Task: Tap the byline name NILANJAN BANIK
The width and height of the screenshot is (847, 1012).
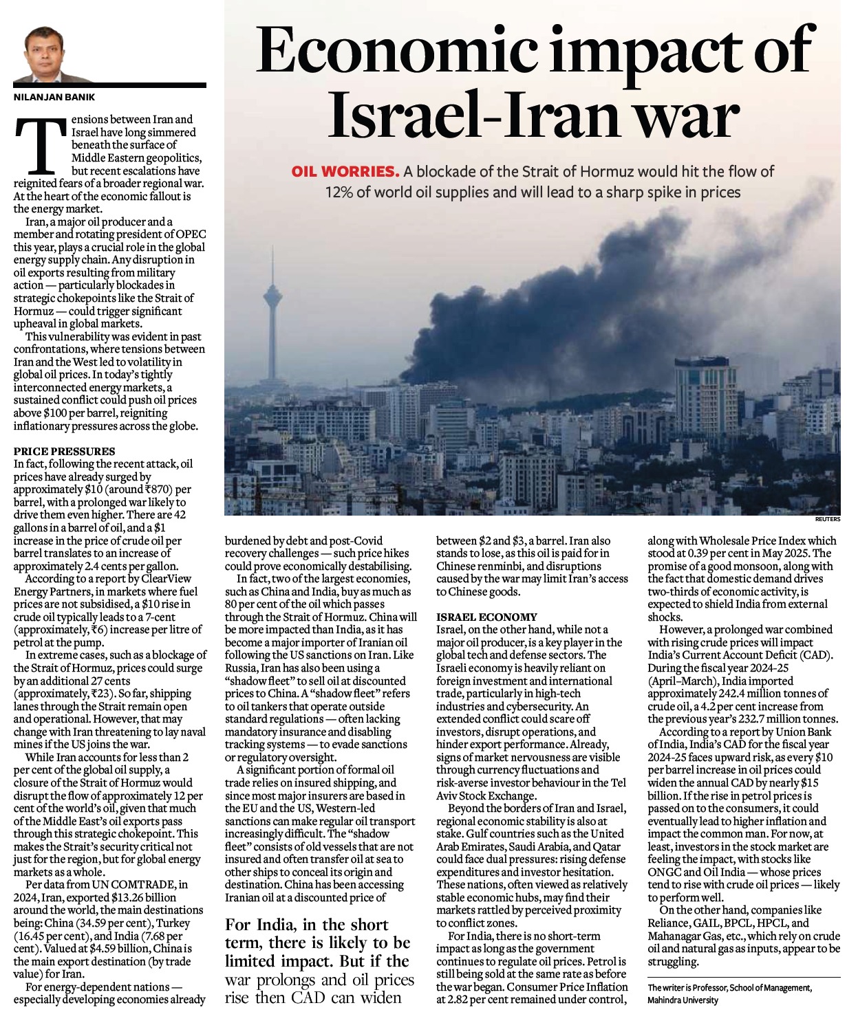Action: [x=54, y=98]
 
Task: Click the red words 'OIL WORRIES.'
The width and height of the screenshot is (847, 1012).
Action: [x=345, y=171]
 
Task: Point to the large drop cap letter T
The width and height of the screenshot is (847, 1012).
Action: [x=41, y=146]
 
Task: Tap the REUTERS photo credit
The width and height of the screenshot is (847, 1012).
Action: [x=827, y=520]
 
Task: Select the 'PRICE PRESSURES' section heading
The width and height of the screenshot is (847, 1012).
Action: [x=65, y=451]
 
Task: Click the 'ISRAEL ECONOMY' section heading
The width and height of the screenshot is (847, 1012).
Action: [x=486, y=617]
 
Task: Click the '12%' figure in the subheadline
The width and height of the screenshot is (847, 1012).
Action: [x=339, y=192]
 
